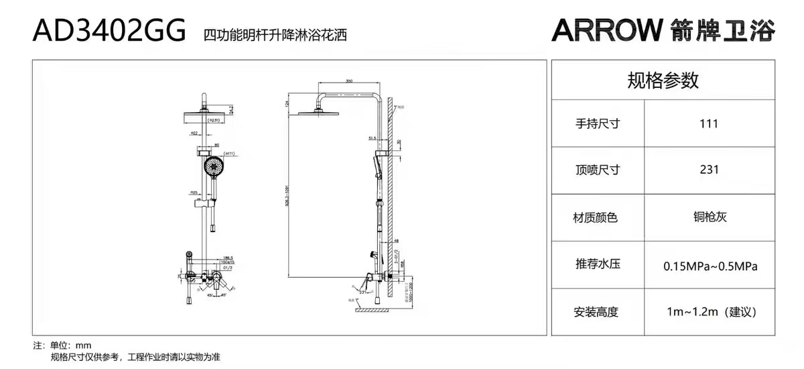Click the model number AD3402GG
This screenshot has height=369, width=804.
click(x=109, y=30)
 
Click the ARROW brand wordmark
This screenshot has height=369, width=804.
click(x=607, y=30)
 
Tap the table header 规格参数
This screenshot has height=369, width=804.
click(x=663, y=81)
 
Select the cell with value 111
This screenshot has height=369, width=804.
click(x=708, y=123)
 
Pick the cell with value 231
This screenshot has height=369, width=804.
click(x=708, y=170)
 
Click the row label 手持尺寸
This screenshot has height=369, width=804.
click(x=597, y=123)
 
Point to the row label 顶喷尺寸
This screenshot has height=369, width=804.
click(x=597, y=170)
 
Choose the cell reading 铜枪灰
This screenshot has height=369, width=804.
click(x=710, y=216)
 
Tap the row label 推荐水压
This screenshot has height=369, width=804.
click(x=597, y=264)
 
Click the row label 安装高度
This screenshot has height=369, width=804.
click(x=597, y=312)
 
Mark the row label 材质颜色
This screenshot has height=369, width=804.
click(x=597, y=217)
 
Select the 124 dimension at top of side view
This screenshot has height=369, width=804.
click(x=286, y=103)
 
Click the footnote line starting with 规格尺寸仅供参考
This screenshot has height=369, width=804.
click(x=135, y=358)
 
